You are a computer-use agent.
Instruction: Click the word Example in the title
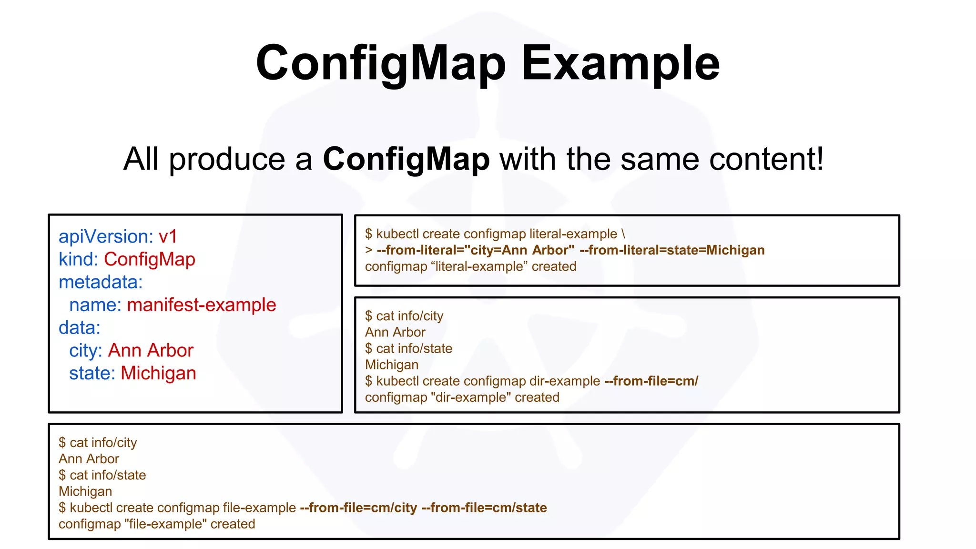coord(620,63)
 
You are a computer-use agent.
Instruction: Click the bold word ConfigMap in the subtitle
coord(406,159)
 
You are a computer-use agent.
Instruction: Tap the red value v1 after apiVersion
coord(168,236)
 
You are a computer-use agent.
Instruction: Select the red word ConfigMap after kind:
coord(150,259)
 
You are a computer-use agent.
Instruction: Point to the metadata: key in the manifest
coord(101,282)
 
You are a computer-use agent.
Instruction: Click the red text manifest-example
coord(202,305)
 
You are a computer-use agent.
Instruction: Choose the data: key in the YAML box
coord(80,328)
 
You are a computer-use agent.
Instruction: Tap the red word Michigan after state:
coord(158,373)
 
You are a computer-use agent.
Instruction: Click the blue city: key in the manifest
coord(86,351)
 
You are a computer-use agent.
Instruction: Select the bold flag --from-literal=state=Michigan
coord(672,250)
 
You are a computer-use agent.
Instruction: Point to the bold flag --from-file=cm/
coord(651,381)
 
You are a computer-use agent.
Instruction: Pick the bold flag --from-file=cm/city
coord(358,508)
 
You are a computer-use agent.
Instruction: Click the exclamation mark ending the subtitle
coord(820,159)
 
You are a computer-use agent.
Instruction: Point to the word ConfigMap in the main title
coord(381,63)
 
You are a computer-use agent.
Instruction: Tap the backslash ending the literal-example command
coord(623,234)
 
